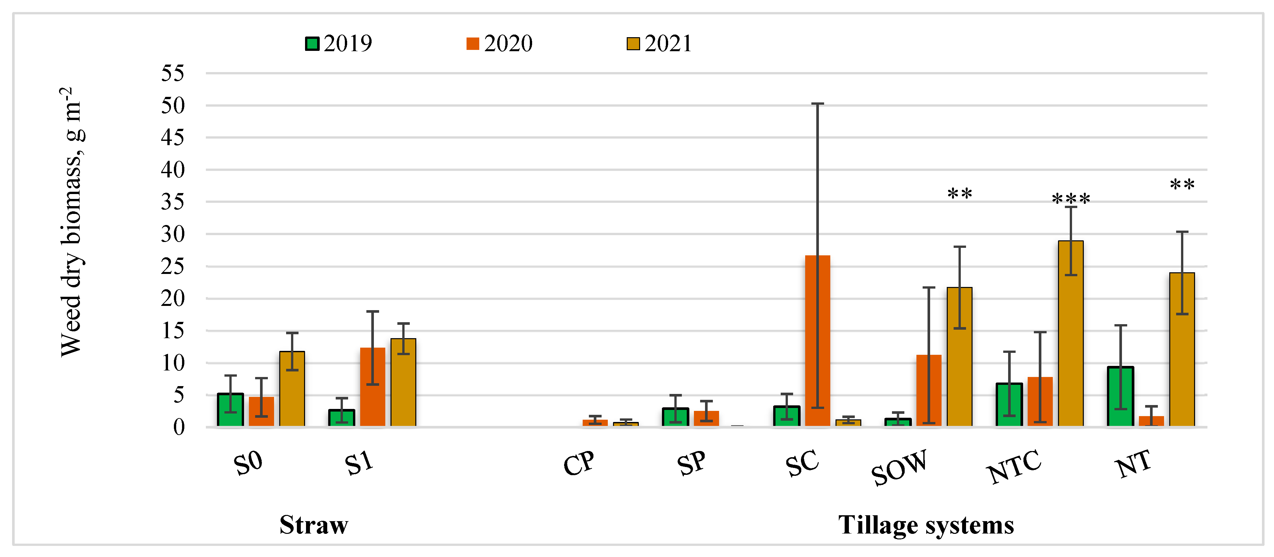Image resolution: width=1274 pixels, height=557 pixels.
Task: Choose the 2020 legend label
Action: point(508,43)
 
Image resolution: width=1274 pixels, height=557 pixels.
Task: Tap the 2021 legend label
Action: point(668,43)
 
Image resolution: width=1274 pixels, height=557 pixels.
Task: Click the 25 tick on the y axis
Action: point(173,266)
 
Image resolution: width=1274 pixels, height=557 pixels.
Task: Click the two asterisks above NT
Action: point(1182,185)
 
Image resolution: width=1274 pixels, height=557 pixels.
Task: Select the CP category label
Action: point(579,464)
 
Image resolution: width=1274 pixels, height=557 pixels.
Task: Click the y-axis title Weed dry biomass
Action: point(72,222)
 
